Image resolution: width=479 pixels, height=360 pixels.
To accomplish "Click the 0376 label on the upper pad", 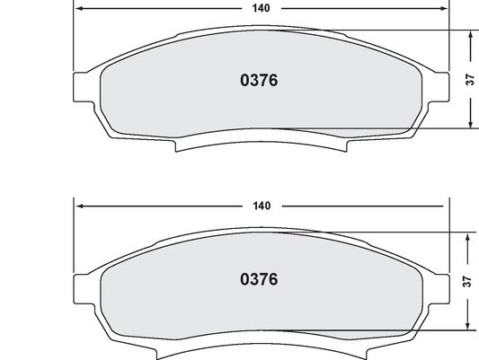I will pyautogui.click(x=259, y=80).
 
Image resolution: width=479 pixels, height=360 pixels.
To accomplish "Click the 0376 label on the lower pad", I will pyautogui.click(x=259, y=279).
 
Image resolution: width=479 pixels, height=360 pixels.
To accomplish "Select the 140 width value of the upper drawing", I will pyautogui.click(x=262, y=7).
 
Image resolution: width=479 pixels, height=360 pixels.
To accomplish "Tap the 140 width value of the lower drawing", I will pyautogui.click(x=262, y=206).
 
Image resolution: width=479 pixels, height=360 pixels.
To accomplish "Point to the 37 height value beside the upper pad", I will pyautogui.click(x=470, y=80).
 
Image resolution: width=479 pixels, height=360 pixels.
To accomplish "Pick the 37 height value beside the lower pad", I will pyautogui.click(x=467, y=280).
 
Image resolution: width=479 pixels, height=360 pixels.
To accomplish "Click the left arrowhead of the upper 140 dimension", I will pyautogui.click(x=78, y=7).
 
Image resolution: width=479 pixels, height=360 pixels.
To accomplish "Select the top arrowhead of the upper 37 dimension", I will pyautogui.click(x=469, y=34).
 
